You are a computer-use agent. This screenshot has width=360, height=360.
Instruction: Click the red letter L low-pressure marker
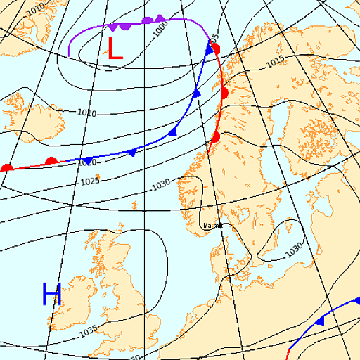115,48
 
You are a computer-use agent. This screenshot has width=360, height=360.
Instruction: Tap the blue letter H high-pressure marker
52,294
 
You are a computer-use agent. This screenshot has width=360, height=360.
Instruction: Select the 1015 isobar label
275,63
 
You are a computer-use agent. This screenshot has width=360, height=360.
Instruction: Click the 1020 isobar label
86,162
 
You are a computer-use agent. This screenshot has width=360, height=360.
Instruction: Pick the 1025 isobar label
89,182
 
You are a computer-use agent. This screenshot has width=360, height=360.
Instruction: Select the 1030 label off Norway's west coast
161,184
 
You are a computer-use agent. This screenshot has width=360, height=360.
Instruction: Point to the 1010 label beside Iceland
86,112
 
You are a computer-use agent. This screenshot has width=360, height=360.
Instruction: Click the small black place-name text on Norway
213,226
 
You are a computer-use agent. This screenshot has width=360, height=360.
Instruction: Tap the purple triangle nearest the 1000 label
160,18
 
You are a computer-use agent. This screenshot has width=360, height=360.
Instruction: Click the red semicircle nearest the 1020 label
51,161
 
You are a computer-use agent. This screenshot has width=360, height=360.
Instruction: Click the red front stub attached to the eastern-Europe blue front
288,352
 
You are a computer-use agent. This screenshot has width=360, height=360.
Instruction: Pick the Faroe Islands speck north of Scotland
134,205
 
